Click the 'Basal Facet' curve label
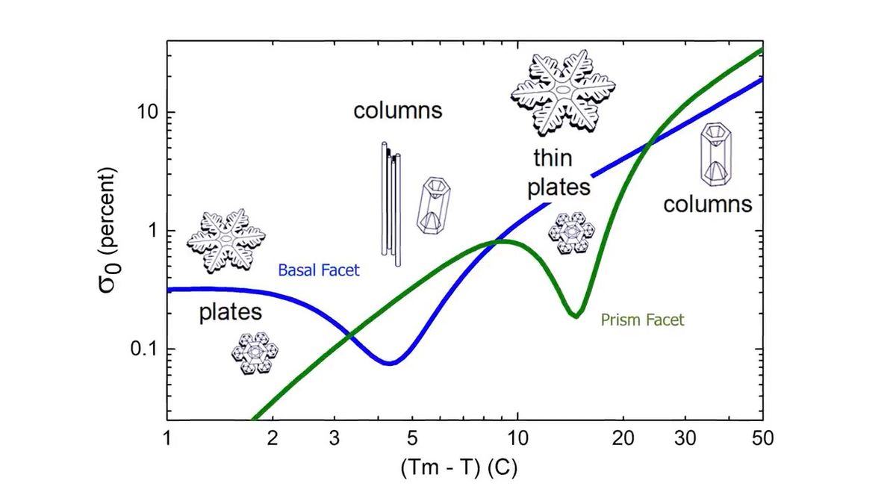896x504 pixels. click(x=319, y=270)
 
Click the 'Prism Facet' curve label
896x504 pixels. click(x=642, y=320)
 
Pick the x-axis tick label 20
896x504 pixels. click(x=623, y=437)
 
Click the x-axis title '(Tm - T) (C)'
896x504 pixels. click(x=459, y=469)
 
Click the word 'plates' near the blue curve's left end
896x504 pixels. click(x=233, y=313)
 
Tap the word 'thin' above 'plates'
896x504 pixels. click(x=553, y=158)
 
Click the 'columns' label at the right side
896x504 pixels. click(x=707, y=203)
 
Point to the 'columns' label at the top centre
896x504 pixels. click(x=398, y=111)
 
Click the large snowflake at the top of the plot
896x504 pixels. click(x=563, y=92)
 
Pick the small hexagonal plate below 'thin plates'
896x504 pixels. click(x=571, y=232)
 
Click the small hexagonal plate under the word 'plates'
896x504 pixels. click(x=255, y=352)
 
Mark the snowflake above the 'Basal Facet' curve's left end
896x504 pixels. click(x=225, y=240)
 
